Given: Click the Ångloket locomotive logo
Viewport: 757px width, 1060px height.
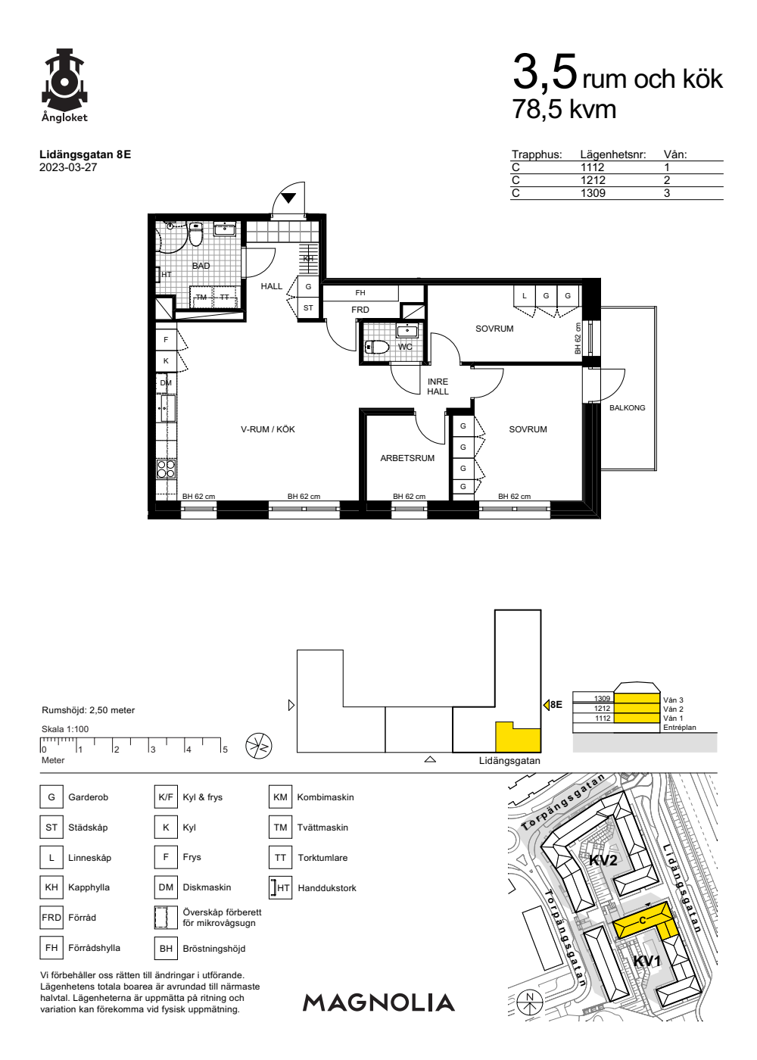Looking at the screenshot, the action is [65, 79].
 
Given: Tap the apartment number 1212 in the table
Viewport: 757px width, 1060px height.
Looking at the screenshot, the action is [593, 180].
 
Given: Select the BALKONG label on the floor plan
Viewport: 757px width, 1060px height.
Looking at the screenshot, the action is [627, 408].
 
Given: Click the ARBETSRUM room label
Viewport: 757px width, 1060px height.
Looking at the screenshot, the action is [407, 458].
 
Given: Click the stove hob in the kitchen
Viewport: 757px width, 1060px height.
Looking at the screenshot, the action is [166, 469].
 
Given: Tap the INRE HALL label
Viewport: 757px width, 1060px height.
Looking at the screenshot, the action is [438, 387].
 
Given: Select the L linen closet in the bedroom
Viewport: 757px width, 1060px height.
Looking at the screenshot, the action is [524, 296].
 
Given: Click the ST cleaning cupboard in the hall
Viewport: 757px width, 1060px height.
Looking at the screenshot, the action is [308, 308].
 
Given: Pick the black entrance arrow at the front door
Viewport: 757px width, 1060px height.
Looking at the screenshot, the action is [288, 198].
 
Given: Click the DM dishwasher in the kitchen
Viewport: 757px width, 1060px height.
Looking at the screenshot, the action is [166, 383].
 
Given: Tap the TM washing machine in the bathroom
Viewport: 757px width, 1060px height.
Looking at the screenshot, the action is [201, 297].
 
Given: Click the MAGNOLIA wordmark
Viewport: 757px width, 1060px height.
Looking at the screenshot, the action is [378, 1002].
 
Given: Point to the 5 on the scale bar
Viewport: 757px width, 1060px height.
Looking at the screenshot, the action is [226, 750].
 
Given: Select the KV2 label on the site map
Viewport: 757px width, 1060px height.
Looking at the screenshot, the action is [603, 860].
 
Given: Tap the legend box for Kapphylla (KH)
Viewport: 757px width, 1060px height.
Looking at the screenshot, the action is [51, 887].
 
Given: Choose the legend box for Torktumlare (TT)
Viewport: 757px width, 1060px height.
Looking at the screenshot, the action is [280, 857].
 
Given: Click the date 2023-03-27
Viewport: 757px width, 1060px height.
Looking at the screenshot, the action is [68, 167].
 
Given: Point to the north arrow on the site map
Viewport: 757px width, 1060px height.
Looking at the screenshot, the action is [529, 1002].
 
